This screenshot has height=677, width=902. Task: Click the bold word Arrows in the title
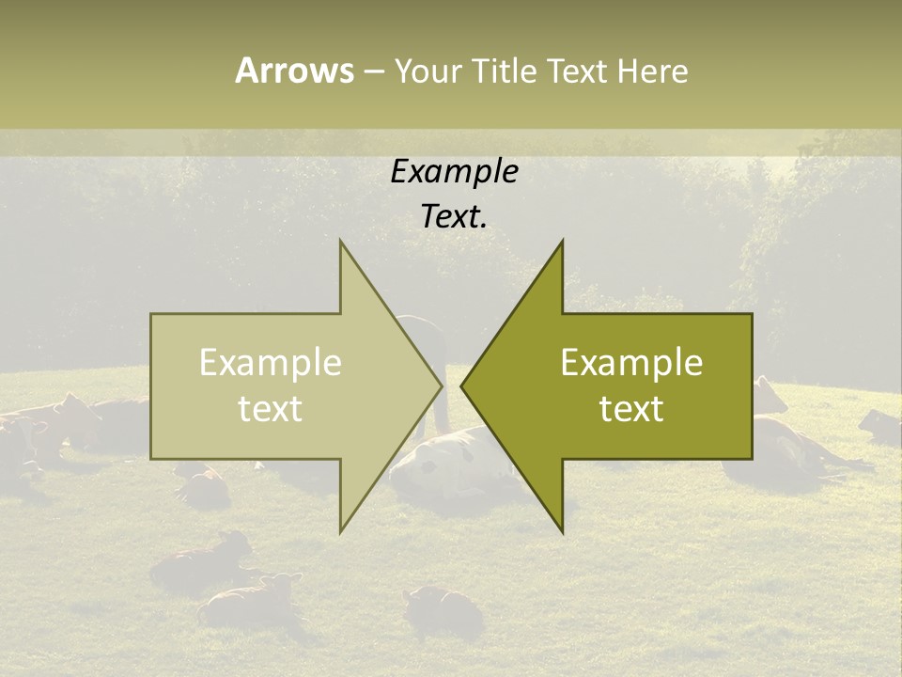coord(294,71)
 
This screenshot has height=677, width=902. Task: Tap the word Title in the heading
coord(504,71)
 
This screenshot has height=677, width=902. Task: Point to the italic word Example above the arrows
coord(454,171)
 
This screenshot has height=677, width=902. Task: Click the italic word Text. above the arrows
coord(454,216)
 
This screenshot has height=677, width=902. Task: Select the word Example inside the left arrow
coord(271,362)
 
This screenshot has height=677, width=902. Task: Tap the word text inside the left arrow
coord(271,409)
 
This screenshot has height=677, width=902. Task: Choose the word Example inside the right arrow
coord(631,362)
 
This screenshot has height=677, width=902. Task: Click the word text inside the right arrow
coord(631,409)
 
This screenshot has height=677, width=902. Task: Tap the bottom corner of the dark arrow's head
coord(562,532)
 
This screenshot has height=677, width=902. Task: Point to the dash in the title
coord(373,71)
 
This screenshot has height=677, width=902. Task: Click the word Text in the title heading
coord(578,71)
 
